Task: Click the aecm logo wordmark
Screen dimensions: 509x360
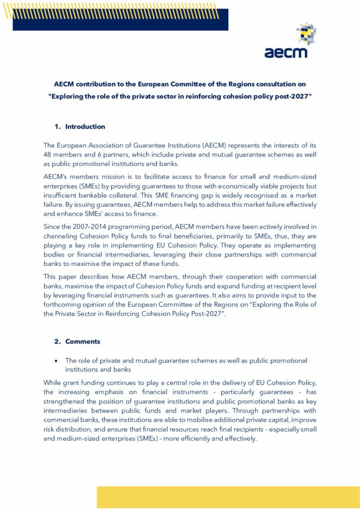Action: point(285,52)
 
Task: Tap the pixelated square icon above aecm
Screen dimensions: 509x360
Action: point(306,32)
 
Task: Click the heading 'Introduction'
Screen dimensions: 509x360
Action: point(85,126)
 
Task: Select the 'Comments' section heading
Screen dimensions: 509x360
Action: point(83,341)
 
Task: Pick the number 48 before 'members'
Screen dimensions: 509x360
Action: point(48,155)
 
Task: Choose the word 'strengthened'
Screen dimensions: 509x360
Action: point(65,401)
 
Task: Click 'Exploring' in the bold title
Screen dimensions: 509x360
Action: point(65,96)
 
